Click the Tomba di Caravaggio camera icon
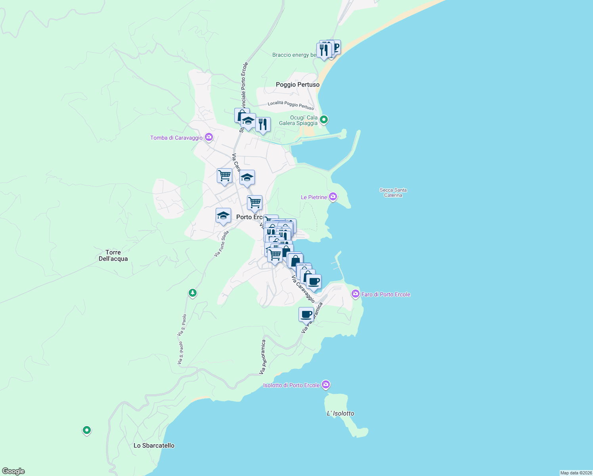[x=209, y=138]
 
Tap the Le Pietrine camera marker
[x=333, y=197]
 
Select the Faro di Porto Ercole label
[x=385, y=294]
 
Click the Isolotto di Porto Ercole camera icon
[x=326, y=385]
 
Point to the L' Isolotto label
[x=340, y=413]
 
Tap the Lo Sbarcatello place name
[x=154, y=445]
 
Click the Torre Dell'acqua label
[x=113, y=255]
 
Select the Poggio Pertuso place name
[x=298, y=84]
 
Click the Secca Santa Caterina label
[x=393, y=192]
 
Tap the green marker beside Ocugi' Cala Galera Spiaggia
[x=324, y=119]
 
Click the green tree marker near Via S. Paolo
[x=193, y=293]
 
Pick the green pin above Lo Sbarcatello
[x=86, y=430]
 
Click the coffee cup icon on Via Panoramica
[x=306, y=315]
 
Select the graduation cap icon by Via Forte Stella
[x=223, y=216]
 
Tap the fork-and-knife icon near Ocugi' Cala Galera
[x=263, y=125]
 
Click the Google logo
[x=13, y=471]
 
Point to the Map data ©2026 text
[x=576, y=473]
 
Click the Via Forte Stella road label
[x=222, y=244]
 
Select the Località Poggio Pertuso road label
[x=291, y=105]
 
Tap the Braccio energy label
[x=294, y=55]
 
